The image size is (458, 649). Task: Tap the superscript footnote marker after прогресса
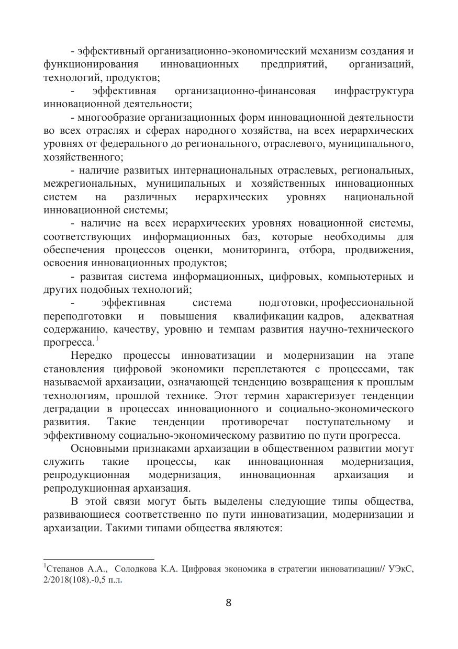tap(97, 338)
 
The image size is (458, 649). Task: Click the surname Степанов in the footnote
tap(66, 569)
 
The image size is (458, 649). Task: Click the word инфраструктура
tap(374, 91)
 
